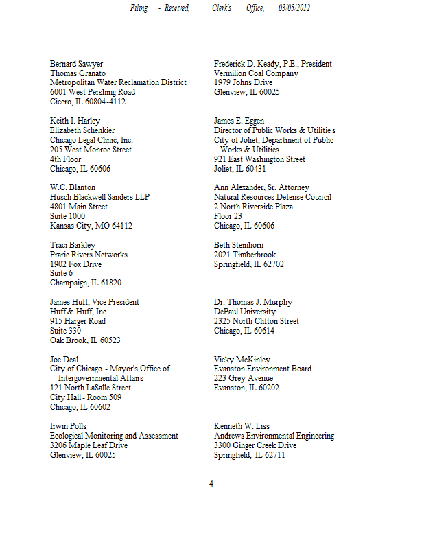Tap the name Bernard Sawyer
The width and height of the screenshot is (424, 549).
click(x=77, y=64)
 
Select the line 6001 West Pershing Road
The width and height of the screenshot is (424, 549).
click(x=93, y=92)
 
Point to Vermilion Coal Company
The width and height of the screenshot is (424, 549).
click(x=256, y=73)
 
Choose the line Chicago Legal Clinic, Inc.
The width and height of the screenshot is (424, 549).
click(x=91, y=140)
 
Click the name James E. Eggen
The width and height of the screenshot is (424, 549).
click(x=239, y=121)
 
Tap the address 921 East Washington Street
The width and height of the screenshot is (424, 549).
click(x=259, y=159)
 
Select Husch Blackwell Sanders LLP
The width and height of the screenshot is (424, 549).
click(x=99, y=197)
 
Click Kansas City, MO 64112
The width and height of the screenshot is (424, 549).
click(x=91, y=226)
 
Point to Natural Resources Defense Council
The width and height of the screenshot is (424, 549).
click(x=272, y=197)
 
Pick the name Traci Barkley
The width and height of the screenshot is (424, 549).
click(x=73, y=245)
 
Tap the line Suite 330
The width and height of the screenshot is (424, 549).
click(x=66, y=331)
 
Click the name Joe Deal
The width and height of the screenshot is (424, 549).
click(x=64, y=359)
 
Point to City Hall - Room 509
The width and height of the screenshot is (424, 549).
click(x=86, y=397)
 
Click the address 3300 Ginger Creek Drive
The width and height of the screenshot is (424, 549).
click(x=255, y=445)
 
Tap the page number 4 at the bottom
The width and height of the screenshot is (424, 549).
click(x=211, y=484)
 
